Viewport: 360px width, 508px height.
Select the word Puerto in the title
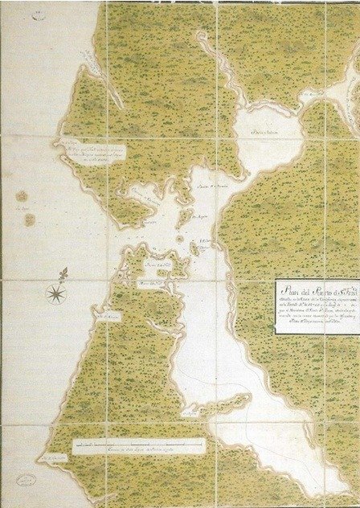point(317,287)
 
